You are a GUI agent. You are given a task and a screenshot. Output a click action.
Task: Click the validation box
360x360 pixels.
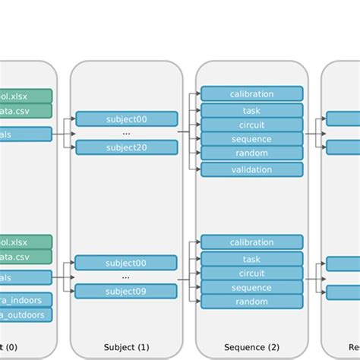tap(251, 169)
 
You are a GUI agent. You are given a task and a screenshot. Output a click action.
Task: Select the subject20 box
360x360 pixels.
tap(126, 147)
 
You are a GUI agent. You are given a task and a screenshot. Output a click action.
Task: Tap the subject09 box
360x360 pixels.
tap(126, 291)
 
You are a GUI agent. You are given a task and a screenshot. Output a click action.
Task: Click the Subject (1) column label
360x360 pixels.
tap(126, 348)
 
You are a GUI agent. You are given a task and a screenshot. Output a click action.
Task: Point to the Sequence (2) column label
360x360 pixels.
tap(251, 348)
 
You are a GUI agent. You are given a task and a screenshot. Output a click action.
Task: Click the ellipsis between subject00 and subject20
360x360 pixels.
tap(126, 133)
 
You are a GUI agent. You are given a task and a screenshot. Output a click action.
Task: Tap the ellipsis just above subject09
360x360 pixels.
tap(126, 277)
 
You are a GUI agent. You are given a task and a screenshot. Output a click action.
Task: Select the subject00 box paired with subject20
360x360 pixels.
tap(126, 118)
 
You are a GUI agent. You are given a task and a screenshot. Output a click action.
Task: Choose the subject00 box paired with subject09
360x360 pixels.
tap(126, 263)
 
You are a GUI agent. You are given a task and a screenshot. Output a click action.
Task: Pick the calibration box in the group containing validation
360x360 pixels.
tap(251, 94)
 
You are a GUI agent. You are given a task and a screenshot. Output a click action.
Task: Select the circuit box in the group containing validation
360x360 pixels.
tap(251, 125)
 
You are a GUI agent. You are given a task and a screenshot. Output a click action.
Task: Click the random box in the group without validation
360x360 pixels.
tap(251, 302)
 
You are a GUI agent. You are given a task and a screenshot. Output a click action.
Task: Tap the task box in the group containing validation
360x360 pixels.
tap(251, 110)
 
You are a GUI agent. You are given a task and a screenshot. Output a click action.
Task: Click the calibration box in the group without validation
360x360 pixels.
tap(251, 242)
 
